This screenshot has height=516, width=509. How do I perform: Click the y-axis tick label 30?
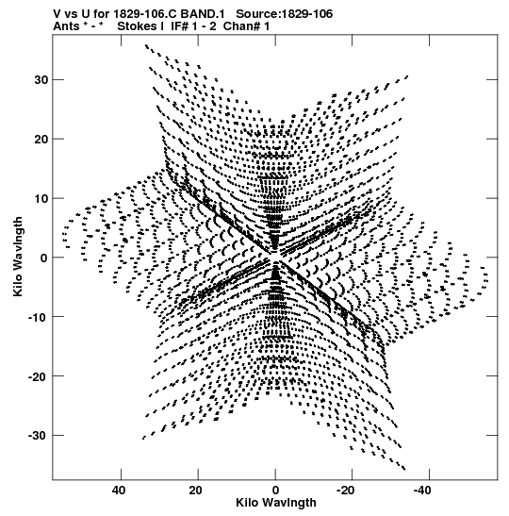pyautogui.click(x=41, y=80)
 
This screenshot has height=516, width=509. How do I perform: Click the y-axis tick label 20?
pyautogui.click(x=41, y=140)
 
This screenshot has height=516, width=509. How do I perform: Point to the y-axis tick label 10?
pyautogui.click(x=41, y=198)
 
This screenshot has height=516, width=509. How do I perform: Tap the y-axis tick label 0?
pyautogui.click(x=44, y=258)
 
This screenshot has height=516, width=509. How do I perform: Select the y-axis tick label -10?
pyautogui.click(x=39, y=317)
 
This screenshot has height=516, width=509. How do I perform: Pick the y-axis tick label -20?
pyautogui.click(x=39, y=376)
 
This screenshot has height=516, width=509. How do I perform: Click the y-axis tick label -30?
pyautogui.click(x=39, y=436)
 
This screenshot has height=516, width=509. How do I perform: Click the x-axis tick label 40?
pyautogui.click(x=119, y=491)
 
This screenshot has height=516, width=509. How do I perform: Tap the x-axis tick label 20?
pyautogui.click(x=196, y=491)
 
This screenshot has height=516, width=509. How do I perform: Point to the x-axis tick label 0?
pyautogui.click(x=275, y=491)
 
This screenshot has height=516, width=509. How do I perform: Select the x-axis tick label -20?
pyautogui.click(x=346, y=491)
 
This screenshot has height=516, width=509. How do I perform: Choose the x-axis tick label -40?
pyautogui.click(x=422, y=491)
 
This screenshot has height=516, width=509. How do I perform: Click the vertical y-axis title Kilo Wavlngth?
pyautogui.click(x=18, y=257)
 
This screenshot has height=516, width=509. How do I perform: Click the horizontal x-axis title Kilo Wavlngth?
pyautogui.click(x=276, y=503)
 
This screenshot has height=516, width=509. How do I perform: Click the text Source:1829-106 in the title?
pyautogui.click(x=285, y=14)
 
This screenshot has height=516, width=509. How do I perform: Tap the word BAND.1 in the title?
pyautogui.click(x=203, y=14)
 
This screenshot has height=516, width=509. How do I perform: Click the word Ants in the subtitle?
pyautogui.click(x=66, y=26)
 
